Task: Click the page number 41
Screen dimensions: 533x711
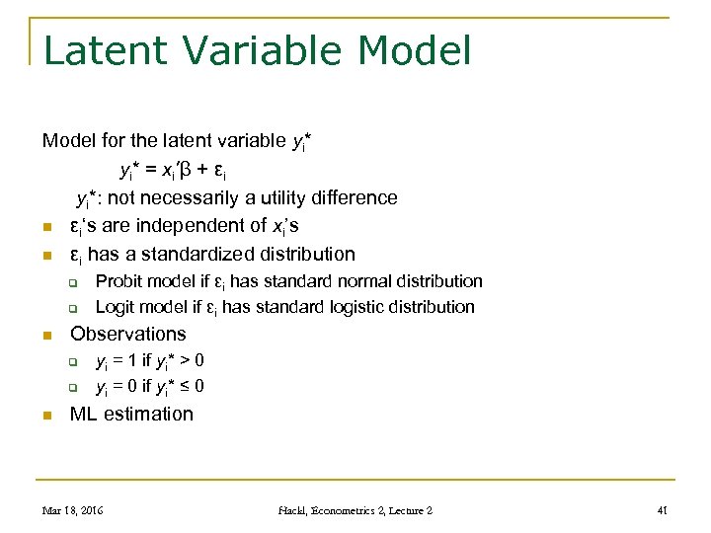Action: pyautogui.click(x=663, y=510)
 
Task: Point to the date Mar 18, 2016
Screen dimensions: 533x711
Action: pyautogui.click(x=72, y=510)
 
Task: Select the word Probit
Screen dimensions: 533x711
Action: pyautogui.click(x=118, y=282)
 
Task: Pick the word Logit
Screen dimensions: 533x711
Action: pyautogui.click(x=116, y=307)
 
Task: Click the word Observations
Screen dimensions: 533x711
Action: pyautogui.click(x=127, y=334)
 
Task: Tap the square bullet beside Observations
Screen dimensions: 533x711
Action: pyautogui.click(x=46, y=336)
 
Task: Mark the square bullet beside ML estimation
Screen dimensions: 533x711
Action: pyautogui.click(x=46, y=416)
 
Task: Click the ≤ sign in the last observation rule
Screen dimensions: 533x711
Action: pyautogui.click(x=184, y=386)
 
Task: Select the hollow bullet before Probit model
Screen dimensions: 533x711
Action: pyautogui.click(x=73, y=283)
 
